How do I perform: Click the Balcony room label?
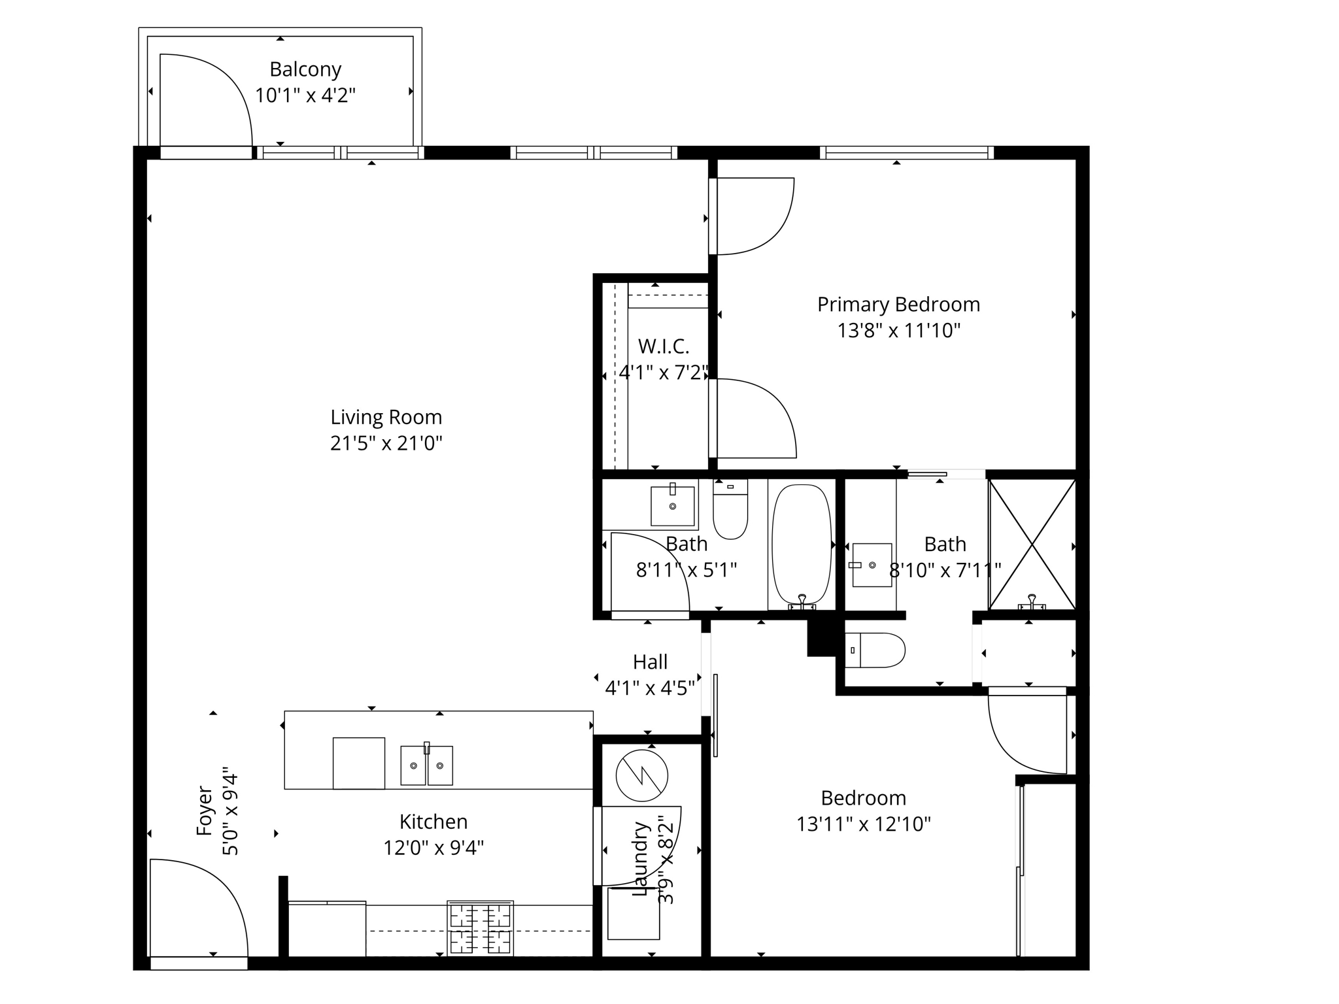click(x=305, y=69)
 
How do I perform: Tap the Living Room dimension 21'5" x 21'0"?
click(x=386, y=444)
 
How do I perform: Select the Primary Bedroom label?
click(x=898, y=305)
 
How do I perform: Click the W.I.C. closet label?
click(x=664, y=346)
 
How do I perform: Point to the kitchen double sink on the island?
click(x=426, y=765)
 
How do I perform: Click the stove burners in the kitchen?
click(x=480, y=928)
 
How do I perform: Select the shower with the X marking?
click(x=1032, y=544)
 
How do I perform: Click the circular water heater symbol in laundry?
click(x=641, y=776)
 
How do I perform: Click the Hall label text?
click(x=650, y=662)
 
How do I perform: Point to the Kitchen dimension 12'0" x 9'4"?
click(x=433, y=848)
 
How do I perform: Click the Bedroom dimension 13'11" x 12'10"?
click(x=863, y=824)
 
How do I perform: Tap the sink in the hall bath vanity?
click(x=672, y=506)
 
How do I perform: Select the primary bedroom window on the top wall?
click(x=906, y=153)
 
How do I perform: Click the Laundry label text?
click(x=641, y=858)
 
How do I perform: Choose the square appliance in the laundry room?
click(x=633, y=913)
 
